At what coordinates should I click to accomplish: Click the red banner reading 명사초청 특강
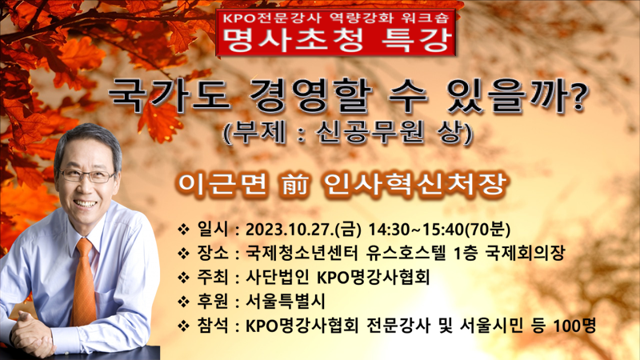(336, 32)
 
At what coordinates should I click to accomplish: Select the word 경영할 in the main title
(311, 97)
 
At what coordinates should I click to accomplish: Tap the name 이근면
(222, 185)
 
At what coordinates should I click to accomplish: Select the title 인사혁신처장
(414, 185)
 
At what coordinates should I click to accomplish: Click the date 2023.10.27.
(290, 230)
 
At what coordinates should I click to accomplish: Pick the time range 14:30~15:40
(417, 230)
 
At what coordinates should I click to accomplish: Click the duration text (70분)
(488, 230)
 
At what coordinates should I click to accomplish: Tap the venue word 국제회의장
(525, 254)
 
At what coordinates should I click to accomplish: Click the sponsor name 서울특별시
(286, 302)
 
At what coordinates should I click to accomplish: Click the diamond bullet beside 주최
(183, 278)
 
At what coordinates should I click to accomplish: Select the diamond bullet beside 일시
(183, 230)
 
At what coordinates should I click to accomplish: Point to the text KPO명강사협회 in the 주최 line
(374, 278)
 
